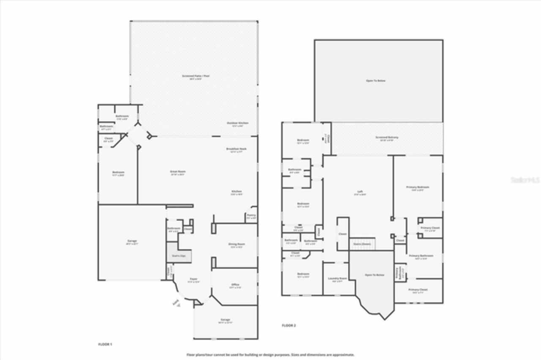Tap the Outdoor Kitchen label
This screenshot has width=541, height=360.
[238, 123]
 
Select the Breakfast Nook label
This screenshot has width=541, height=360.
[236, 149]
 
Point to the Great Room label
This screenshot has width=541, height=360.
[178, 172]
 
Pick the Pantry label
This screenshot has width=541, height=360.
[251, 215]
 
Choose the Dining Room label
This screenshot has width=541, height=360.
[236, 244]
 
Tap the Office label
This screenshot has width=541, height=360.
[235, 285]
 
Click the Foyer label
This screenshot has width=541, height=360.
[193, 279]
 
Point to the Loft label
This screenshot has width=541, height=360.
[360, 192]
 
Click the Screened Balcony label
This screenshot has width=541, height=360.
[387, 137]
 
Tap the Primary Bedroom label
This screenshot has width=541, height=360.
[418, 187]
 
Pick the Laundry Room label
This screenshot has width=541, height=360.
[337, 278]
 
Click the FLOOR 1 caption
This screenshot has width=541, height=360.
[105, 344]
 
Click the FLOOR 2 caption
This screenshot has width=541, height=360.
[289, 325]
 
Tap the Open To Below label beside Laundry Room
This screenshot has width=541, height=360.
[374, 275]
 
